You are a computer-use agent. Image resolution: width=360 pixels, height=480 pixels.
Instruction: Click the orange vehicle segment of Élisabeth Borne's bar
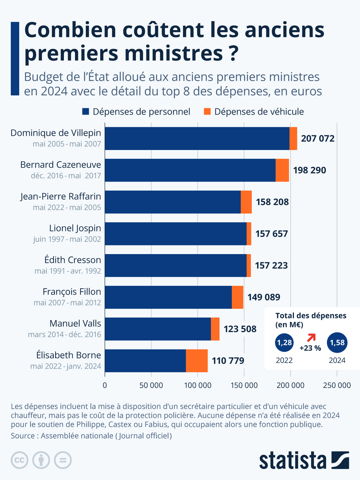tap(197, 361)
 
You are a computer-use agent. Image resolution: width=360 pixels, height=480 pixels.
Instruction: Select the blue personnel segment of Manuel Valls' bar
tap(158, 329)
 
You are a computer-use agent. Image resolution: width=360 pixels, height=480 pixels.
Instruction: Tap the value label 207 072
tap(317, 139)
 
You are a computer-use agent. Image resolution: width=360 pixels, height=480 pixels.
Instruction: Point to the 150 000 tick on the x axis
tap(244, 385)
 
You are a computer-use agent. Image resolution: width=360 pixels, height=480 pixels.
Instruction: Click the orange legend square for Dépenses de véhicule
tap(207, 112)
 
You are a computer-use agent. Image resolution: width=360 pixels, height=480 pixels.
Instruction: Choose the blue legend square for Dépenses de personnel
tap(86, 112)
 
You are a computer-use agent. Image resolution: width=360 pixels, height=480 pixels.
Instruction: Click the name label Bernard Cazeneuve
tap(61, 165)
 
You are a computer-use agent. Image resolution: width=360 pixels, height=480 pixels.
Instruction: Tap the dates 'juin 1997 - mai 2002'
tap(67, 239)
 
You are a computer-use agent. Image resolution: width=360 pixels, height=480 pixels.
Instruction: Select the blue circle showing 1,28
tap(284, 343)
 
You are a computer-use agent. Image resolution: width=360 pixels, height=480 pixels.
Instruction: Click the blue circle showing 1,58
tap(337, 343)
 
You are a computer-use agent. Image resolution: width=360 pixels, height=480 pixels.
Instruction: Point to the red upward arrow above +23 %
tap(311, 338)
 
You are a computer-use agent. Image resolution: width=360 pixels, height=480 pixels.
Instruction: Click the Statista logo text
tap(292, 460)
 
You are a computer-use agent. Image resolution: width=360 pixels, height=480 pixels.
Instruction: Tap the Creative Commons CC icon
tap(20, 460)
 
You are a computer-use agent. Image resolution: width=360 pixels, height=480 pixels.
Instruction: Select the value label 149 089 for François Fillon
tap(263, 297)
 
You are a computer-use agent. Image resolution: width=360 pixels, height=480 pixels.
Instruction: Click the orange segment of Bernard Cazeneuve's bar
tap(282, 170)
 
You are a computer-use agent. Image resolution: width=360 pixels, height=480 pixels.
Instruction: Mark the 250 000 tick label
tap(337, 385)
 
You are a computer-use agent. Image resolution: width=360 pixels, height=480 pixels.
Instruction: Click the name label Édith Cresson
tap(73, 260)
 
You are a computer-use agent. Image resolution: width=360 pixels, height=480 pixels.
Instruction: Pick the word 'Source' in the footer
tap(23, 436)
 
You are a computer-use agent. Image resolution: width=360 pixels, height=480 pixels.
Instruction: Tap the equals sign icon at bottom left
tap(63, 460)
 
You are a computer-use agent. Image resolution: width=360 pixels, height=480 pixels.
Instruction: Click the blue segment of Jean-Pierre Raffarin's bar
tap(172, 202)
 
